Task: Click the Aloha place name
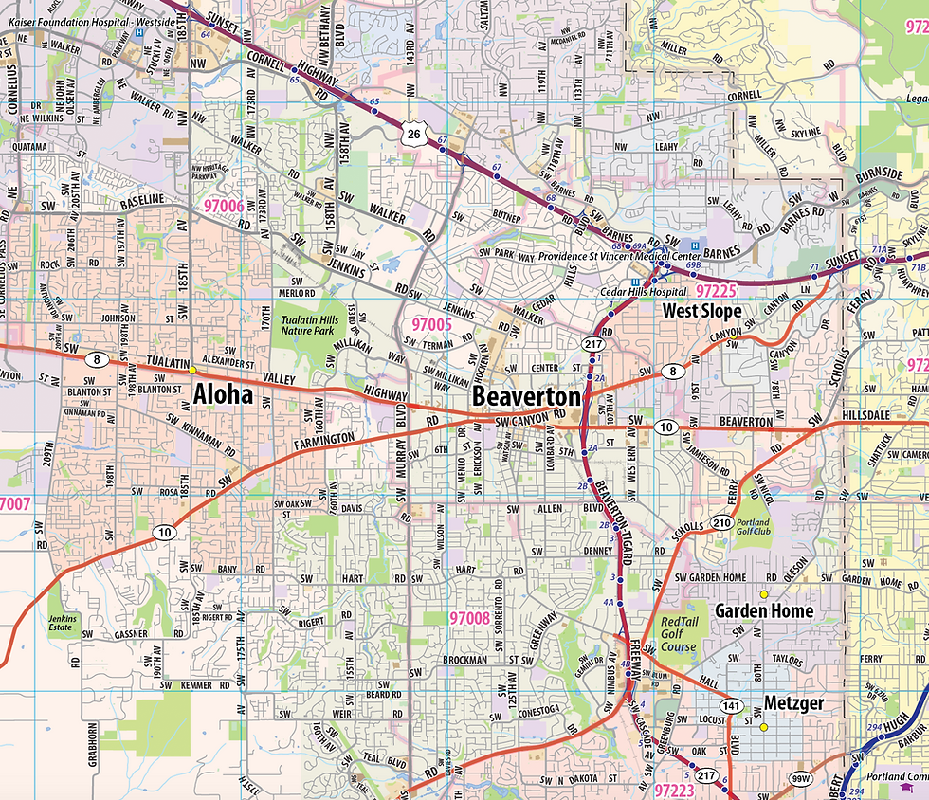click(223, 393)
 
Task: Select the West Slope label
click(702, 310)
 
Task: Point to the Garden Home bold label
click(764, 610)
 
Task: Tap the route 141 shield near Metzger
click(731, 706)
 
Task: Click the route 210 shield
click(722, 522)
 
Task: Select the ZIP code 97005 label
click(430, 325)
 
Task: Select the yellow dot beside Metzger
click(762, 727)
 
